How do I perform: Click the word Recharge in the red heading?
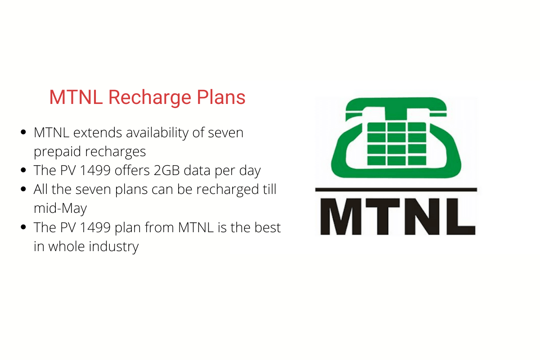(x=150, y=98)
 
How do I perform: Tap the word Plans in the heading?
(x=221, y=97)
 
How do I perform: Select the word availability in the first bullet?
(x=157, y=133)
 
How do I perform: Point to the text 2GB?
(x=167, y=171)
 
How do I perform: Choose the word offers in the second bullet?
(x=132, y=170)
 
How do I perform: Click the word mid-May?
(x=60, y=208)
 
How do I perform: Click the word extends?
(x=98, y=133)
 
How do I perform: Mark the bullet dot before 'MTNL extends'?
(x=23, y=132)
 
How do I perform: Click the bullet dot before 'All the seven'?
(x=23, y=189)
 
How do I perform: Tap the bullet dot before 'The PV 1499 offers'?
(x=23, y=170)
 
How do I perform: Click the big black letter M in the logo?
(x=341, y=216)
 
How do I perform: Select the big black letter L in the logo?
(x=461, y=216)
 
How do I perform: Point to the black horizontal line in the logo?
(x=396, y=190)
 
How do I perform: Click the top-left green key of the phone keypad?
(x=376, y=127)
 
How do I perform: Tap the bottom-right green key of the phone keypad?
(x=417, y=161)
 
